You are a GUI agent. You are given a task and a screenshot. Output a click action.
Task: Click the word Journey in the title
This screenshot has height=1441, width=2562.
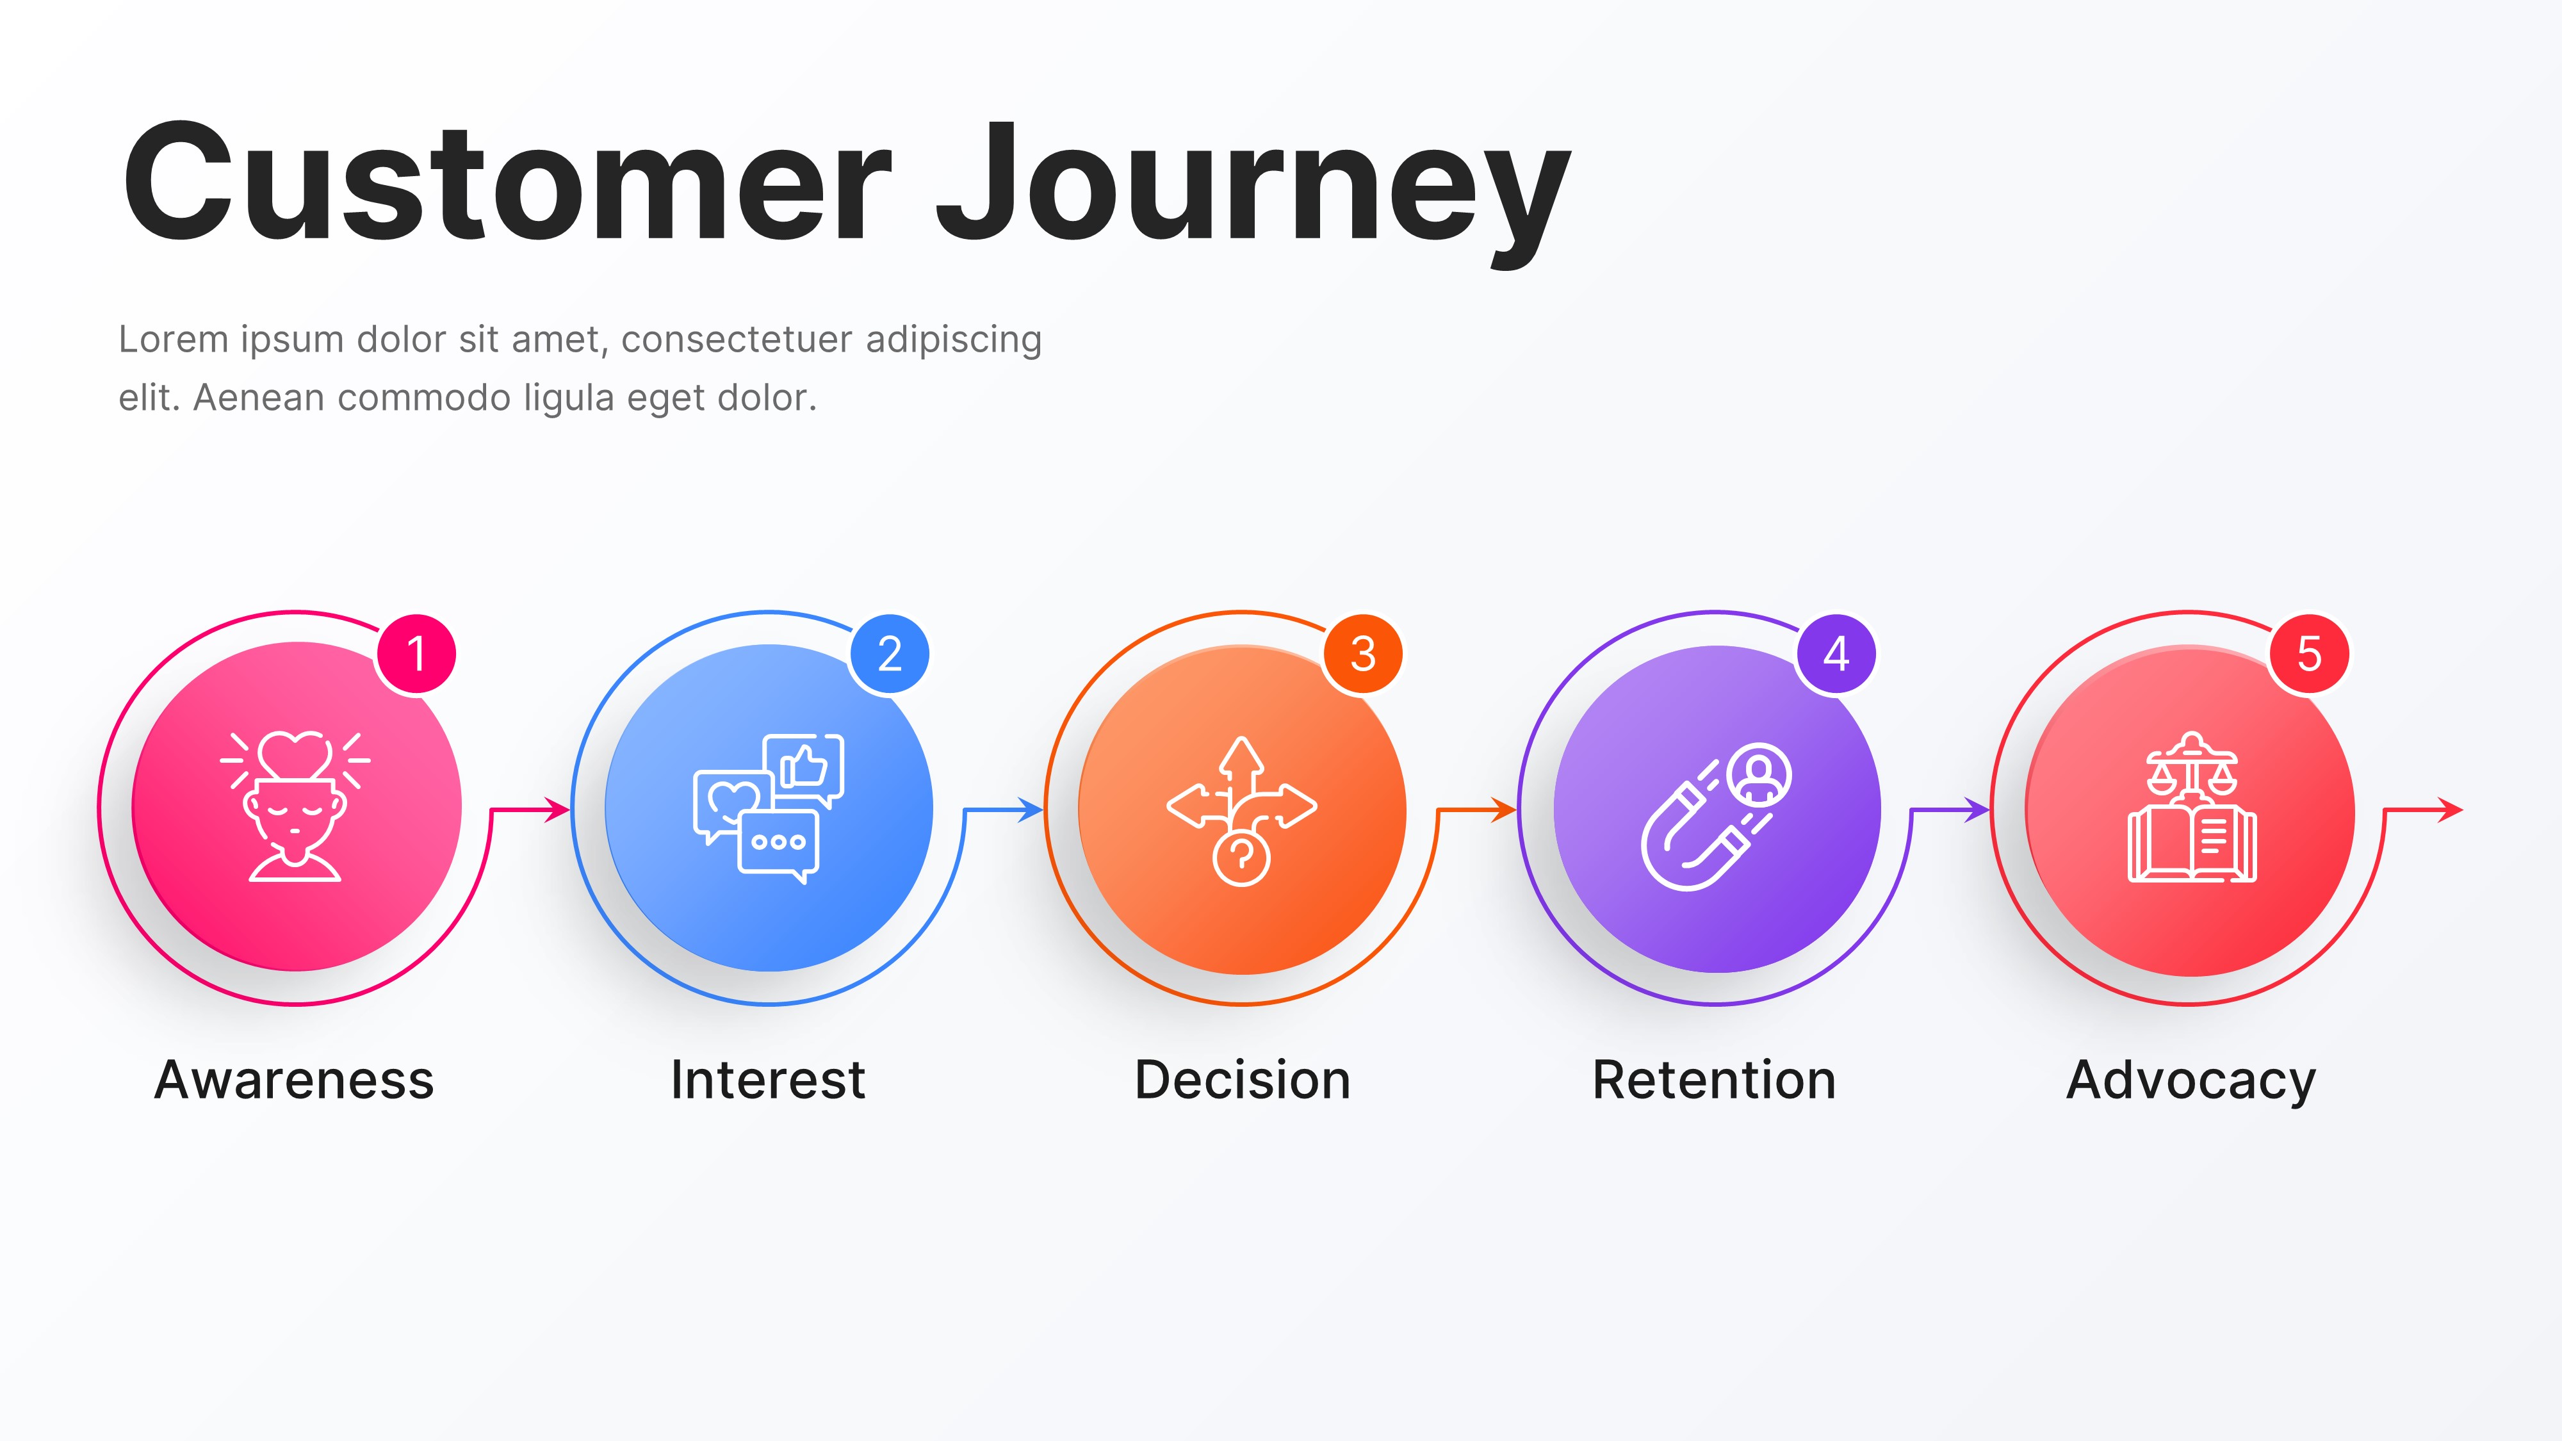pyautogui.click(x=1253, y=189)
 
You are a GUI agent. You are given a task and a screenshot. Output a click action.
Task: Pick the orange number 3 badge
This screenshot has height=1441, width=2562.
pyautogui.click(x=1362, y=653)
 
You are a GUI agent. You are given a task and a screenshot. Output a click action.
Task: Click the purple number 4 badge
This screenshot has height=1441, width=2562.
pyautogui.click(x=1836, y=653)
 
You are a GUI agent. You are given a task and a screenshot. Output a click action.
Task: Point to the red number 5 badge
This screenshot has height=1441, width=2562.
pyautogui.click(x=2310, y=653)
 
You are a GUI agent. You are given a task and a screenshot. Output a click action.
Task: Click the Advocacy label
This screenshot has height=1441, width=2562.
pyautogui.click(x=2191, y=1082)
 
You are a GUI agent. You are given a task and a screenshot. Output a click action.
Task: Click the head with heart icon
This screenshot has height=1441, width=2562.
pyautogui.click(x=295, y=806)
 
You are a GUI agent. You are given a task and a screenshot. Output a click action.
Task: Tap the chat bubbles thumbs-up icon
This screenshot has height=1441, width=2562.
pyautogui.click(x=769, y=808)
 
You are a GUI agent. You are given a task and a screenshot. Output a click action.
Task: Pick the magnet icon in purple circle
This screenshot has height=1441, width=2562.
pyautogui.click(x=1716, y=815)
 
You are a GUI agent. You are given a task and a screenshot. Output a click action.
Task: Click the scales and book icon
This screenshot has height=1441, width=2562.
pyautogui.click(x=2191, y=808)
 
